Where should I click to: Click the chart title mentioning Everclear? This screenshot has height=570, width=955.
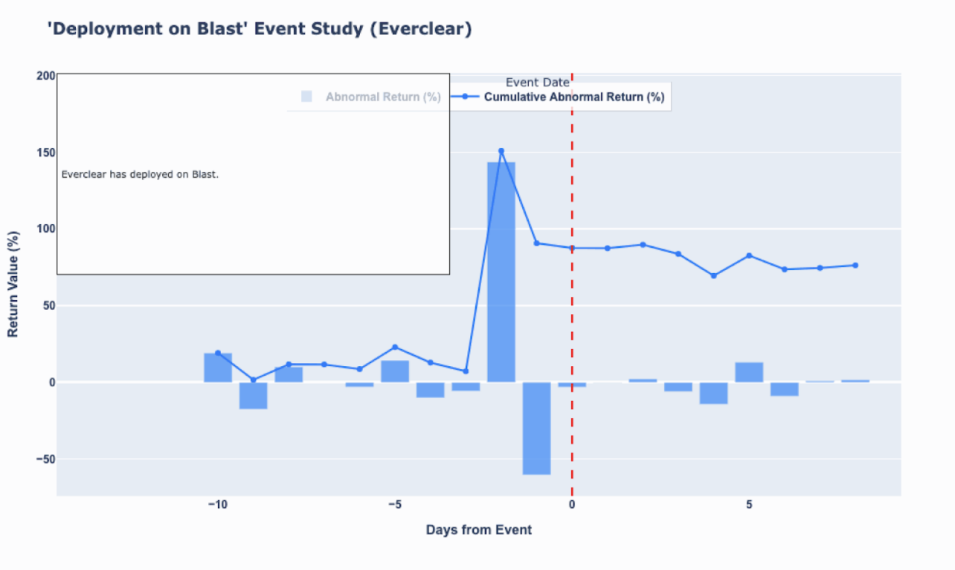tap(259, 29)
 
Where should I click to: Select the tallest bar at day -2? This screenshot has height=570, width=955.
tap(501, 271)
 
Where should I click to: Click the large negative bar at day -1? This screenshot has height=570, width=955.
tap(536, 428)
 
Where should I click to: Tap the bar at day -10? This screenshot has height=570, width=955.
tap(218, 368)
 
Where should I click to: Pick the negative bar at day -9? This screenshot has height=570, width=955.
tap(253, 396)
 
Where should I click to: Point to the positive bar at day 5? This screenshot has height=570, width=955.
tap(749, 372)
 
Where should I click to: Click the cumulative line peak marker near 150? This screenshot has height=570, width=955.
tap(501, 151)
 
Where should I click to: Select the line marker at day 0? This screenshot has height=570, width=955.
tap(572, 248)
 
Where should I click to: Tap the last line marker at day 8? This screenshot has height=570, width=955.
tap(855, 265)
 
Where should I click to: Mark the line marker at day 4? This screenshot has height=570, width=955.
tap(714, 276)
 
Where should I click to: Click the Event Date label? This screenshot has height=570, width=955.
tap(537, 82)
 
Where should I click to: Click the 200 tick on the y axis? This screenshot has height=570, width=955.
tap(45, 75)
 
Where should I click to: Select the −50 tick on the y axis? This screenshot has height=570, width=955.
tap(43, 459)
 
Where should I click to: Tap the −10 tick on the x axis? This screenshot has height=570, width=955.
tap(218, 504)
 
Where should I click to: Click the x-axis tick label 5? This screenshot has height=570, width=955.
tap(749, 504)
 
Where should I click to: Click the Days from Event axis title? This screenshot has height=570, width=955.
tap(479, 530)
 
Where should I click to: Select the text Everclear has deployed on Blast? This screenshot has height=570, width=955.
tap(140, 174)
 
